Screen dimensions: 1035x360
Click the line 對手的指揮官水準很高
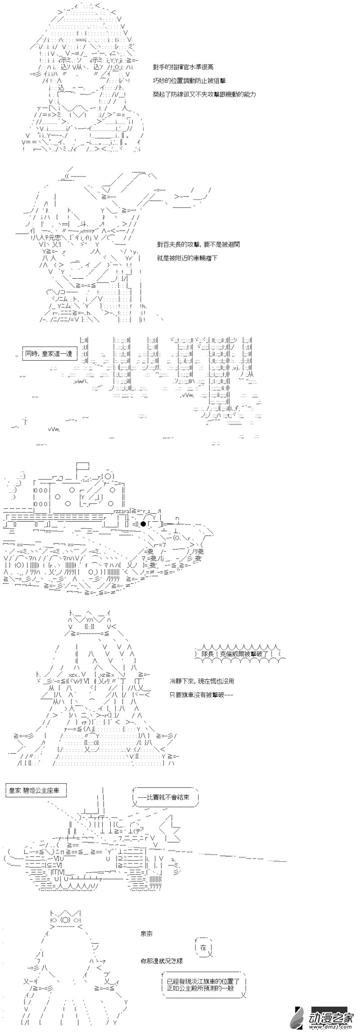pyautogui.click(x=183, y=67)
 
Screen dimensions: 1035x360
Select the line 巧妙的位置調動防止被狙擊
pyautogui.click(x=189, y=81)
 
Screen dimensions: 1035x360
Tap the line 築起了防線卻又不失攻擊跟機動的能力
pyautogui.click(x=204, y=94)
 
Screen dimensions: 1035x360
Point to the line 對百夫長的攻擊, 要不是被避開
pyautogui.click(x=198, y=244)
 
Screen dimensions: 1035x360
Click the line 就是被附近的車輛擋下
pyautogui.click(x=187, y=258)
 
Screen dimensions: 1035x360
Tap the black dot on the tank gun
pyautogui.click(x=143, y=524)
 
